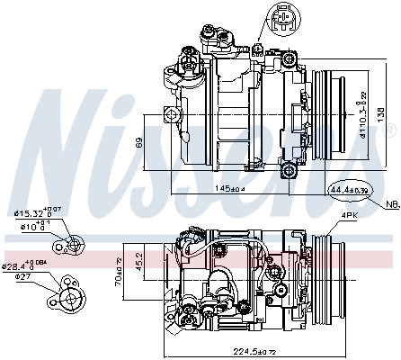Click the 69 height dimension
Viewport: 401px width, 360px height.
click(137, 142)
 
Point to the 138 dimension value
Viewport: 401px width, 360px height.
click(379, 115)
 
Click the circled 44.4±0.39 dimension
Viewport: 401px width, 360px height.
click(350, 191)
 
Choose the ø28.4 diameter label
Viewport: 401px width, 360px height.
click(24, 265)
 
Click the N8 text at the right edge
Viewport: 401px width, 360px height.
click(393, 205)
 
